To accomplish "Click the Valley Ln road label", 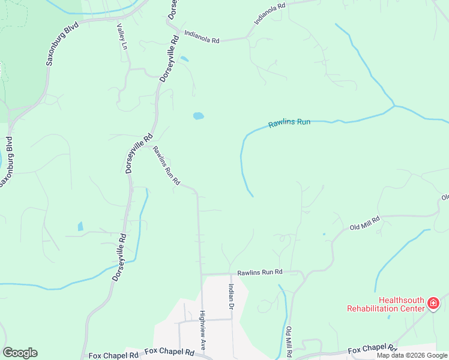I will click(x=122, y=37).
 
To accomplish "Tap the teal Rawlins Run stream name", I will click(x=289, y=123).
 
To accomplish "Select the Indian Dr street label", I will click(x=230, y=296).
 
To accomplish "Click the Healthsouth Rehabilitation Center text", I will click(x=385, y=304).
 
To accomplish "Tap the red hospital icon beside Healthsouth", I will click(x=433, y=305).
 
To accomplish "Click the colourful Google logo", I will click(x=20, y=353).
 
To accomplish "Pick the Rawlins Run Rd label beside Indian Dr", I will click(x=259, y=272).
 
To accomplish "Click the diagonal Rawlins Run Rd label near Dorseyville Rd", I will click(x=166, y=165).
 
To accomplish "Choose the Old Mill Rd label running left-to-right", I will click(x=365, y=224).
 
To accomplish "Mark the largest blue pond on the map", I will click(x=198, y=115).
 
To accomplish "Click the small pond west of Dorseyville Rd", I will click(x=80, y=227).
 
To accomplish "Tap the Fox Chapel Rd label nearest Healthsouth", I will click(x=372, y=349).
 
